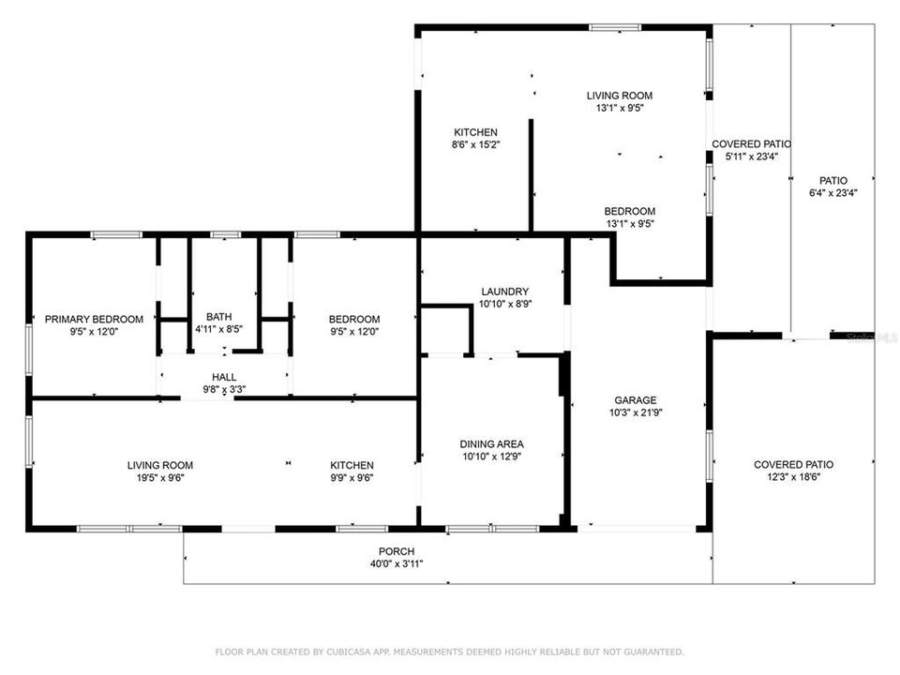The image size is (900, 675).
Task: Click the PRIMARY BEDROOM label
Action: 94,319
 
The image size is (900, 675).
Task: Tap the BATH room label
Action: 218,317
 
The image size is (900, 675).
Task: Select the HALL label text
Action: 224,377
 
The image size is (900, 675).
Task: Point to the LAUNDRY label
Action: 505,292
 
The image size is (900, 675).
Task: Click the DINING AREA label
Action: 492,444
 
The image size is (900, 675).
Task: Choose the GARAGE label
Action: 636,400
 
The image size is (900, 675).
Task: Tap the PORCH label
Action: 397,551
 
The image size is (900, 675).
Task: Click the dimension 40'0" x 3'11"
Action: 397,564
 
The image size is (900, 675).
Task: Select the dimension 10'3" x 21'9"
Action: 636,412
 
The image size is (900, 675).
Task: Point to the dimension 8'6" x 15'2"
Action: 476,144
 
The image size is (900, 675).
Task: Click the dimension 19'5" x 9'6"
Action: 160,478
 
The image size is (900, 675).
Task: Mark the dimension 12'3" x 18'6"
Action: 794,477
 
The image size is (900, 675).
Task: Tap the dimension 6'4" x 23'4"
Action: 833,193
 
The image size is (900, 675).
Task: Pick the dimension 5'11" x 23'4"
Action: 752,157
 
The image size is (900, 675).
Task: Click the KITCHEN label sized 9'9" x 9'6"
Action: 352,466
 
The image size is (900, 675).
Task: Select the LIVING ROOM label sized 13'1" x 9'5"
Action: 620,96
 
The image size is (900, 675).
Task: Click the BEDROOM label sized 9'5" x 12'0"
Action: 354,319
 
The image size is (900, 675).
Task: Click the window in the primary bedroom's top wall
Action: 116,234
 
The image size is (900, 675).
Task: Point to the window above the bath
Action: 226,234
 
